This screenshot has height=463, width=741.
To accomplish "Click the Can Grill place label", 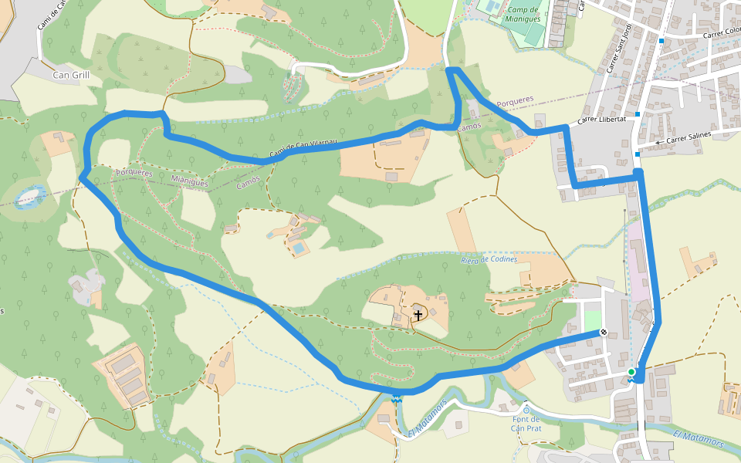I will tap(72, 76).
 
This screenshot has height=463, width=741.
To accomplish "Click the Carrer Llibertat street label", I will tap(601, 120).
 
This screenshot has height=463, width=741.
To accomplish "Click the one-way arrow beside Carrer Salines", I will tap(658, 143).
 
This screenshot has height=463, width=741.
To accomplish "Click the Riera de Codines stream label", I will tap(489, 259).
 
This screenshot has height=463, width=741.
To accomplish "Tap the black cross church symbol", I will tap(418, 315).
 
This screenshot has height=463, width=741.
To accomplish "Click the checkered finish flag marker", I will tap(604, 333).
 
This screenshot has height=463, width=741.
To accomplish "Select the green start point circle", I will tap(631, 372).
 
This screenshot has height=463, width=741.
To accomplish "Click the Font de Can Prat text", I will tap(525, 424).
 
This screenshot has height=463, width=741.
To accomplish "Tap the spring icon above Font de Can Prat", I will tap(526, 410).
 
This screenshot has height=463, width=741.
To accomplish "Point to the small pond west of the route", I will tap(29, 196).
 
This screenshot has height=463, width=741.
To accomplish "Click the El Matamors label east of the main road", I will tap(698, 438).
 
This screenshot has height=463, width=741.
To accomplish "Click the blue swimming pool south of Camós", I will tap(298, 248).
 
